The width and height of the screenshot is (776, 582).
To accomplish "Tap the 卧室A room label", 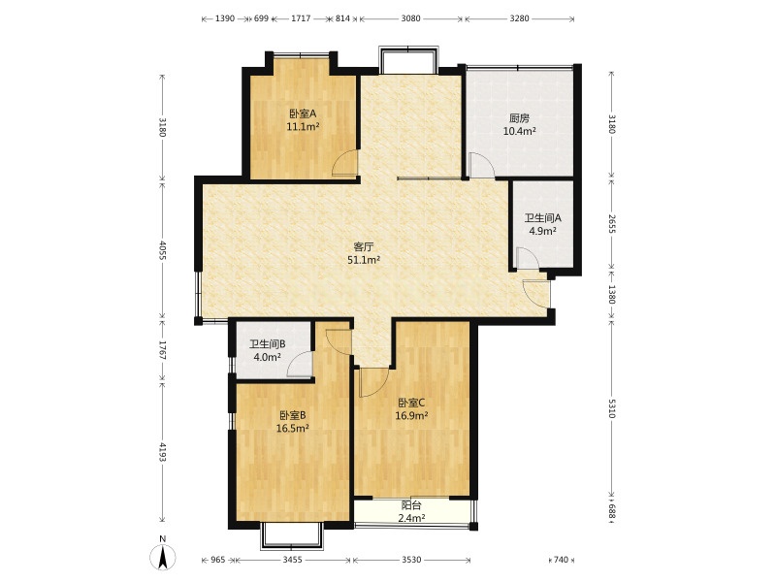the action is point(303,113).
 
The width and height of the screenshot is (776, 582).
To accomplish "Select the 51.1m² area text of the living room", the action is point(364,259).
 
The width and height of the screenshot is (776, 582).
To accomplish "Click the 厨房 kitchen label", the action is point(520,118).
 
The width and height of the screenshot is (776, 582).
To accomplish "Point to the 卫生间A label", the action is point(543,217).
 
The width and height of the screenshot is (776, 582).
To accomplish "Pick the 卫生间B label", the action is point(268,344).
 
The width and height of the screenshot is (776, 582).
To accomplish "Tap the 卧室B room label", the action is point(293,415).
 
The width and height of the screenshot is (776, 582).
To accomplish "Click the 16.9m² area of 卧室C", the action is point(411,415).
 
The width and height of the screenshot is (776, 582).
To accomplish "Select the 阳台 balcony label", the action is point(411,505).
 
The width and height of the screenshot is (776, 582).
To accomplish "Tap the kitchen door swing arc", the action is point(481,165).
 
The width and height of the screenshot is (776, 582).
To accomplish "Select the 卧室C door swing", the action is point(374,382).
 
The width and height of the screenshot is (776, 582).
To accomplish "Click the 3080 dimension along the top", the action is point(410,18).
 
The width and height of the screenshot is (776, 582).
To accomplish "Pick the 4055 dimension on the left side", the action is point(162,250).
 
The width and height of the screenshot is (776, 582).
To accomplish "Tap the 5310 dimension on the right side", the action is point(612,408).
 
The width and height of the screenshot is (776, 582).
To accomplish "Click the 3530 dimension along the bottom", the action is point(411,560).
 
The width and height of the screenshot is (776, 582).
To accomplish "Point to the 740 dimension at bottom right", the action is point(561,560).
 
